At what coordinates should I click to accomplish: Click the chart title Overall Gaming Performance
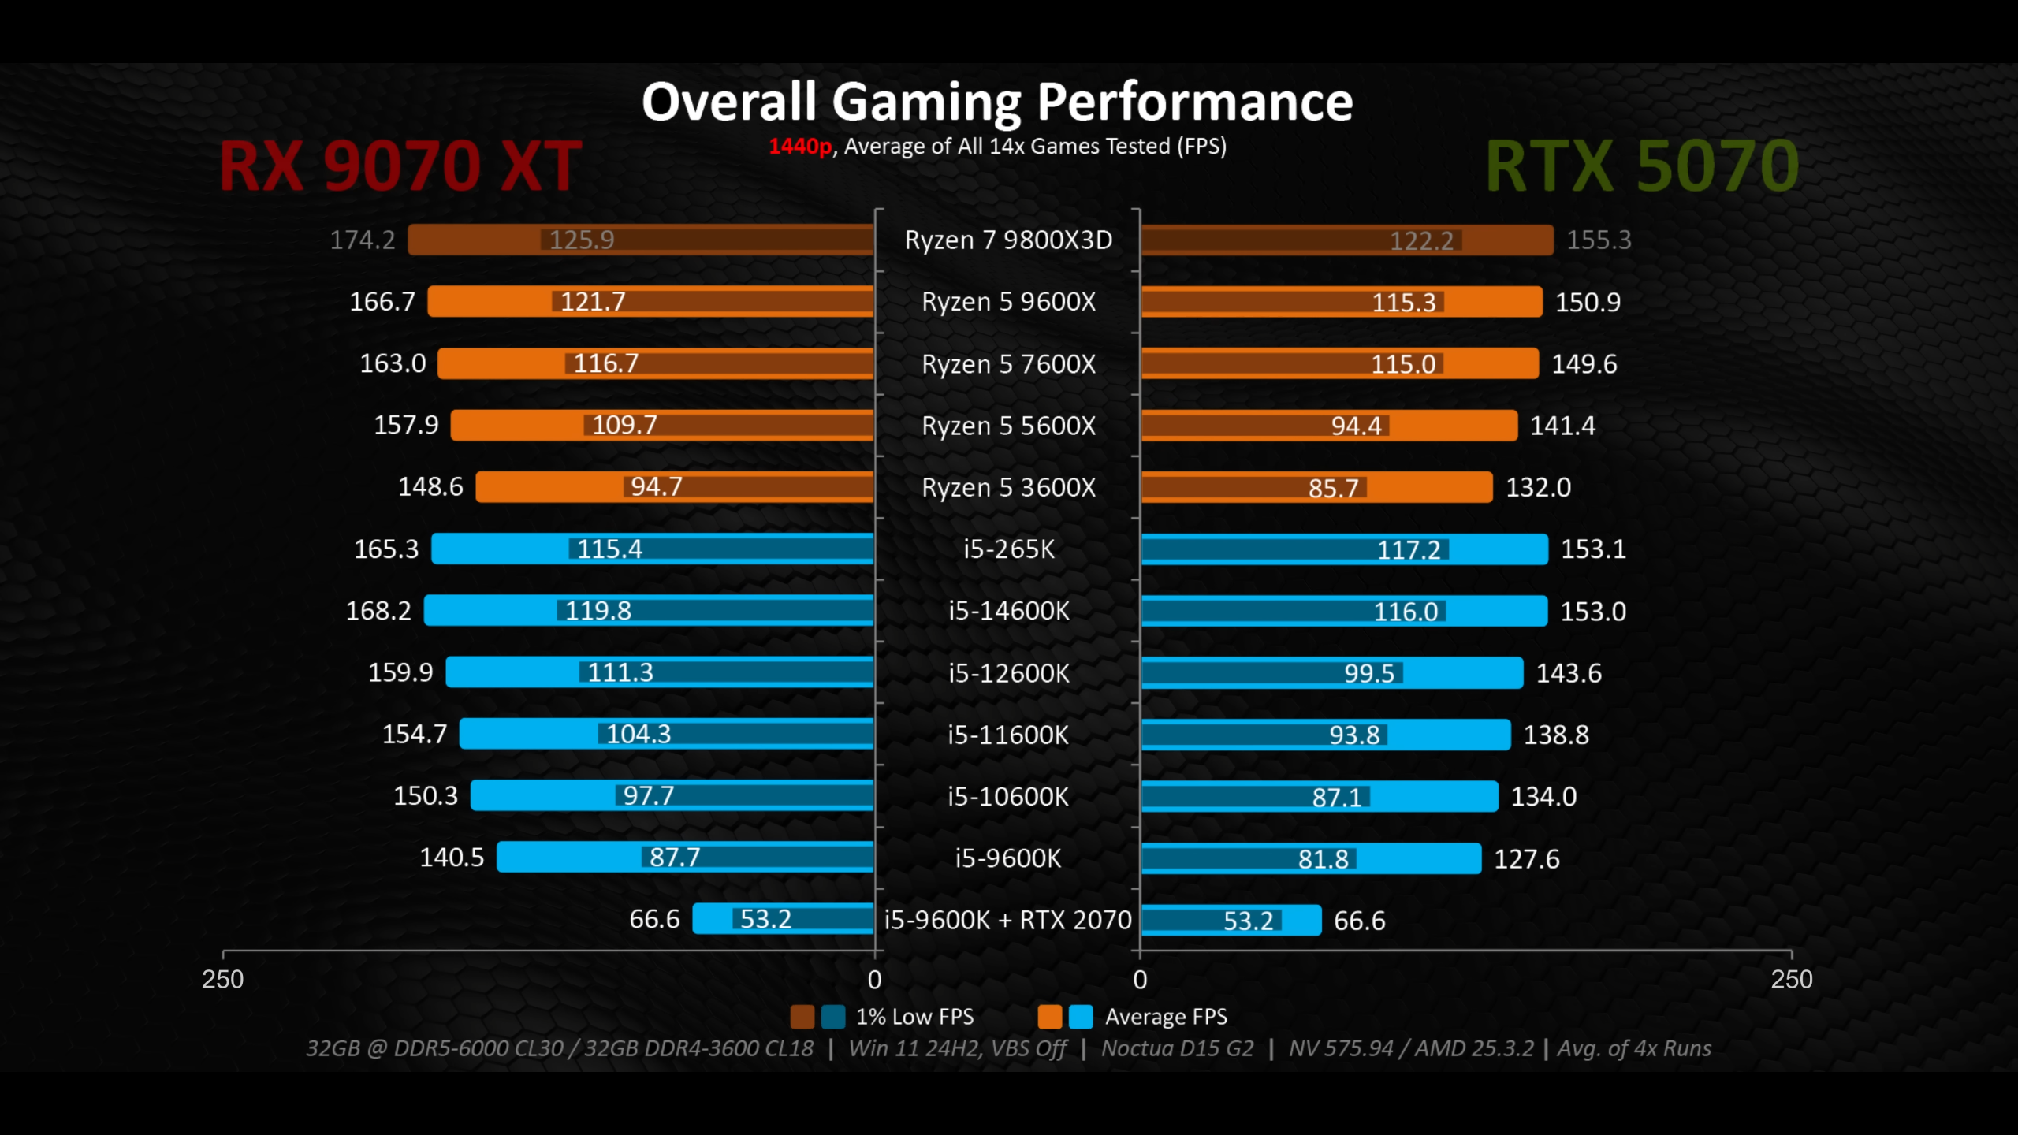997,102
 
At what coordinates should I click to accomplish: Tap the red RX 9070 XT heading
400,166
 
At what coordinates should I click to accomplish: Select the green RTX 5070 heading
1642,166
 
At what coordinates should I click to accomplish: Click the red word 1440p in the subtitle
799,147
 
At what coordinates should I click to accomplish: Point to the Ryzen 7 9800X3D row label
1008,240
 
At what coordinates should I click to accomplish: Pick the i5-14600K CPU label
1008,611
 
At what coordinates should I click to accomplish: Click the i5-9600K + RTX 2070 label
1007,920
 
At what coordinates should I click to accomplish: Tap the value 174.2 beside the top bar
362,240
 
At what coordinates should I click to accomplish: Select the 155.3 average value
1599,240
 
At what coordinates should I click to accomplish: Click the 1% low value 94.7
656,487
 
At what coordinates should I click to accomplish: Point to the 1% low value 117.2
1409,549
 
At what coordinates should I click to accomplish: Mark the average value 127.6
1527,858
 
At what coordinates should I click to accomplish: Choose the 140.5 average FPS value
452,858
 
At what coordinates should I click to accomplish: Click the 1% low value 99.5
1369,673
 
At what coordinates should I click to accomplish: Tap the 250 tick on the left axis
222,979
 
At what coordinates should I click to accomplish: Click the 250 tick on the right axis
1791,979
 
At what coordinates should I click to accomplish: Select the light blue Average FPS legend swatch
1081,1017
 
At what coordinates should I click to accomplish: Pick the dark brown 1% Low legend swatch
802,1017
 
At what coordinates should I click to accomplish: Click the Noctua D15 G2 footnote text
1177,1048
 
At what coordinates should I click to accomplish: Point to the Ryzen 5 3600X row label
1008,488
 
